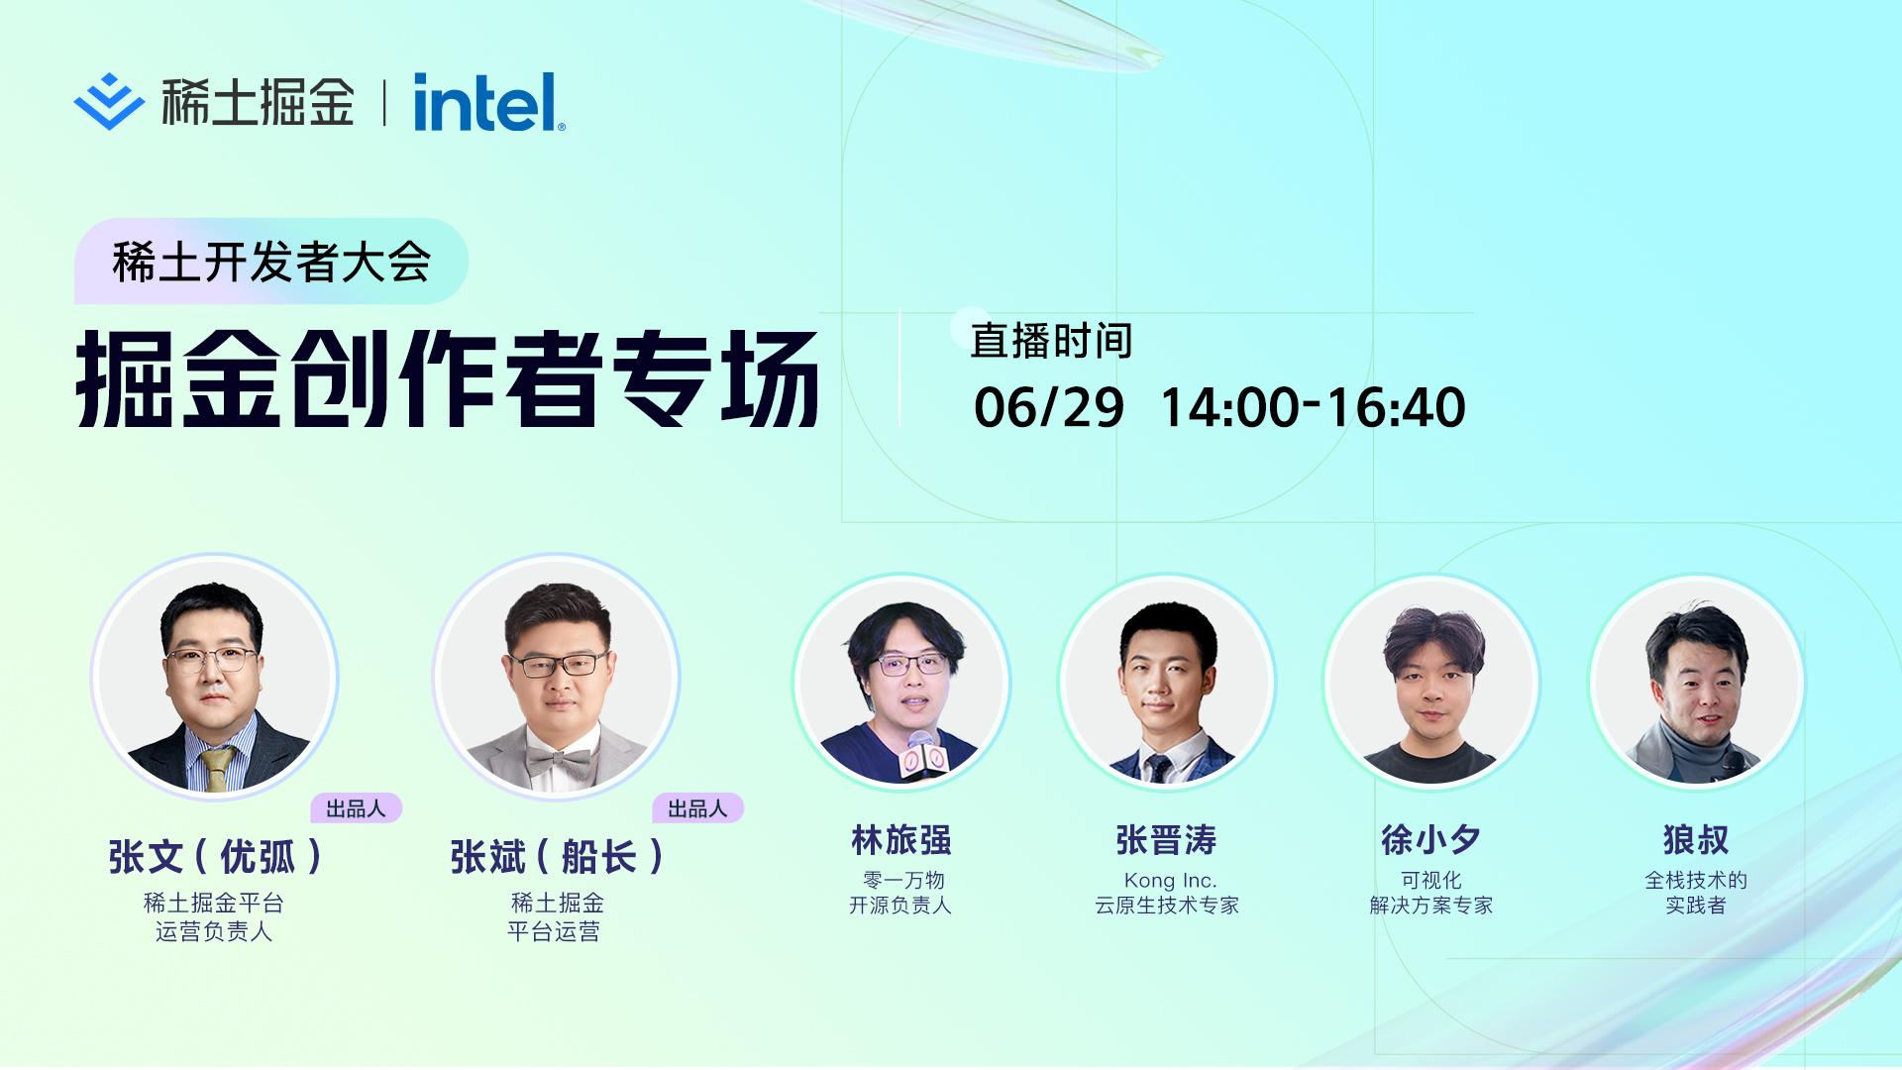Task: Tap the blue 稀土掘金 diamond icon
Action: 109,102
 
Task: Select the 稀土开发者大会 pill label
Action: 270,262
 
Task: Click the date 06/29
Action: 1049,407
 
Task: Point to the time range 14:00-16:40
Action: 1313,407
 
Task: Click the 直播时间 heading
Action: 1051,341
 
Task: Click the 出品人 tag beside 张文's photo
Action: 356,808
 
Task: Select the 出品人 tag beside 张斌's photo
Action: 697,808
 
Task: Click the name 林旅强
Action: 901,840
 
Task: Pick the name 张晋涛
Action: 1167,840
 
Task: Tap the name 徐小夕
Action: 1431,840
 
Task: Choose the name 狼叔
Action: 1696,840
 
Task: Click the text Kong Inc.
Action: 1170,880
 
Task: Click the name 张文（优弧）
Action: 216,857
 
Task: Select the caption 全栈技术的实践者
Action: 1696,893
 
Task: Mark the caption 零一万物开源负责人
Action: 900,893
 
